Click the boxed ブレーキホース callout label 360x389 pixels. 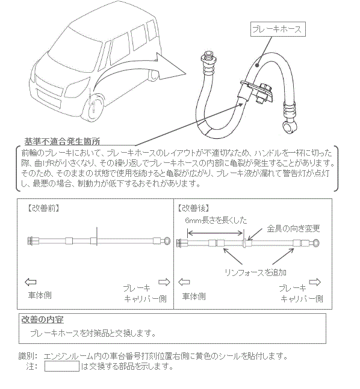(278, 29)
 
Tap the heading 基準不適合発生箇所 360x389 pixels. (63, 141)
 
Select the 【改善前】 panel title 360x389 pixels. (43, 208)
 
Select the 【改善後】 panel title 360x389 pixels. (194, 208)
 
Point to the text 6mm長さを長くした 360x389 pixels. (216, 220)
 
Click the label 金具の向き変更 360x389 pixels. (293, 228)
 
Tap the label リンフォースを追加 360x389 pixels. (255, 272)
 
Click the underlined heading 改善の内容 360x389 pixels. (43, 319)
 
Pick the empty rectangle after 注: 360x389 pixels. (62, 366)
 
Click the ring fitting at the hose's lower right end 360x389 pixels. (290, 126)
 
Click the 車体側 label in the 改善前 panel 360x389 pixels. (40, 295)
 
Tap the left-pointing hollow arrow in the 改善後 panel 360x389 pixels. (184, 282)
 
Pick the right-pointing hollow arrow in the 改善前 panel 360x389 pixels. (164, 282)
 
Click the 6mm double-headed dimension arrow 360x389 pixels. (215, 233)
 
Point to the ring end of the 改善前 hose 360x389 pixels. (167, 240)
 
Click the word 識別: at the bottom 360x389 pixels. (28, 357)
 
